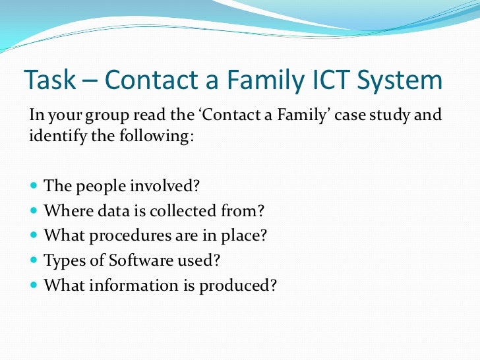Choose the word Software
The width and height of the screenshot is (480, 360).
[128, 260]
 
